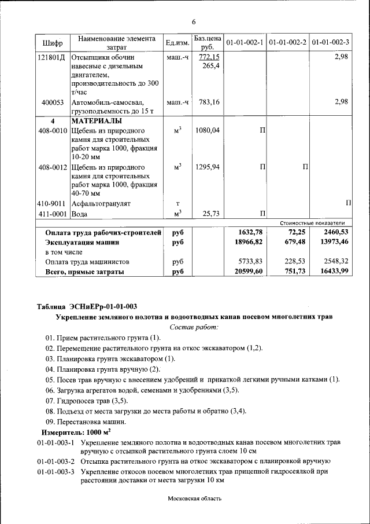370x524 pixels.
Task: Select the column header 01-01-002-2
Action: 287,43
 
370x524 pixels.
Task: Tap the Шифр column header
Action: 53,43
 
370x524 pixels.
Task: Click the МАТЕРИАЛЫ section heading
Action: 97,121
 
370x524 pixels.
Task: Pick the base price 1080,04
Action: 208,131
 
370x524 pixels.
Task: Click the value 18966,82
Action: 246,242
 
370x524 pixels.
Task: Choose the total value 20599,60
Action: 246,271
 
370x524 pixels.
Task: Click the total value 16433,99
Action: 332,271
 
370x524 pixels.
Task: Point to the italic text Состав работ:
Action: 194,327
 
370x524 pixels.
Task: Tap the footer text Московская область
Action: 195,498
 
